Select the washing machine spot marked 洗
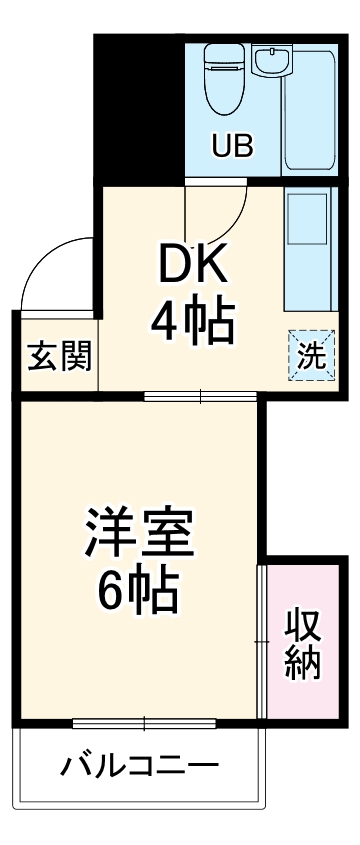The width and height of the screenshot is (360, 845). tap(312, 356)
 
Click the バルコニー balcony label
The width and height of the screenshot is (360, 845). tap(139, 769)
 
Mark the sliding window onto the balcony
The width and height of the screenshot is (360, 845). tap(145, 722)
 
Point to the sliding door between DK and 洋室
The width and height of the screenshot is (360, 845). tap(200, 396)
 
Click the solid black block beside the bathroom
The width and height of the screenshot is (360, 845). tap(138, 110)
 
